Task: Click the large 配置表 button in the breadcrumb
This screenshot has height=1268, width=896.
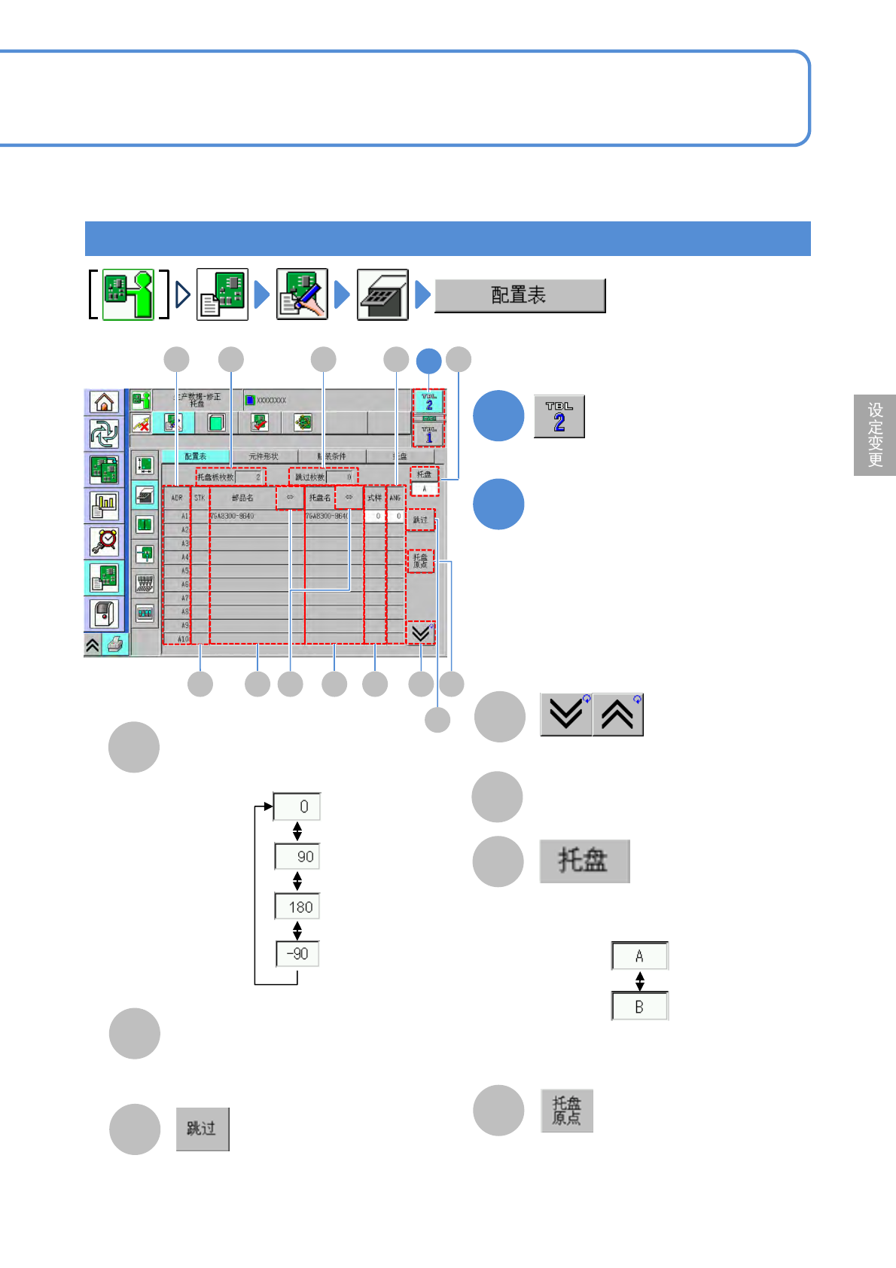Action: [x=520, y=295]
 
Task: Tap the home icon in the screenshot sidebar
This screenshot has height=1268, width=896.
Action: [x=104, y=402]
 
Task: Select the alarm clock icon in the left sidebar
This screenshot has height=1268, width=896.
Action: [x=104, y=541]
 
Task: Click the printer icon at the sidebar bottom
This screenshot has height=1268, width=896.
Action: [x=114, y=645]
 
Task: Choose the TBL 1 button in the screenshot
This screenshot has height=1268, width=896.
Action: [x=428, y=435]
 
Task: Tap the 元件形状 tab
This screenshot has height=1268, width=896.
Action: [x=264, y=456]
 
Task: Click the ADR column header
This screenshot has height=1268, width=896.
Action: [x=177, y=498]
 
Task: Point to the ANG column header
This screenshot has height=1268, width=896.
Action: [x=395, y=498]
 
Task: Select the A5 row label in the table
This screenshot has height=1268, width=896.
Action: [x=184, y=571]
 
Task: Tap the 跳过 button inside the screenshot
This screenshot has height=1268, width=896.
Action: [x=420, y=520]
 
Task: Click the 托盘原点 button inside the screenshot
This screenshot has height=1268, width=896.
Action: [x=420, y=561]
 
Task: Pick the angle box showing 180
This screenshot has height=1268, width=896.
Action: [x=298, y=907]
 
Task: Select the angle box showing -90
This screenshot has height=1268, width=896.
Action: [x=298, y=954]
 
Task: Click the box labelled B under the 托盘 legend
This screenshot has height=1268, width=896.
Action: [x=639, y=1007]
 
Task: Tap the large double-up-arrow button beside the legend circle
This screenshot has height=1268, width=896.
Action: [x=617, y=714]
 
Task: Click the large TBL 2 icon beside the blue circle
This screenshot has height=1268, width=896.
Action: [x=559, y=416]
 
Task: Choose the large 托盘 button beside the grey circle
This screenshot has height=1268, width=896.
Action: [x=584, y=861]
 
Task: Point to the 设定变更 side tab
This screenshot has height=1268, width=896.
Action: [x=875, y=434]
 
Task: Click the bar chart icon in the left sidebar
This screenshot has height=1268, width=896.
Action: [x=104, y=505]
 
